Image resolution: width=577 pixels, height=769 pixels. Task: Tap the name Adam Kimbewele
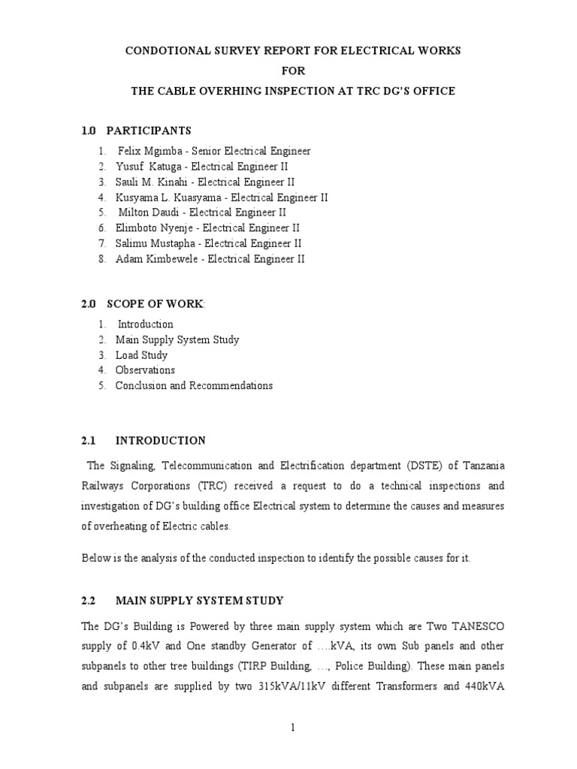pyautogui.click(x=156, y=259)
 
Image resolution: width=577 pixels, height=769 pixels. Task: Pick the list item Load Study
pyautogui.click(x=141, y=355)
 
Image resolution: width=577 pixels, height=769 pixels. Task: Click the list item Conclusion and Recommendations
pyautogui.click(x=194, y=386)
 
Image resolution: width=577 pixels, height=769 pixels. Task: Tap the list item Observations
pyautogui.click(x=145, y=370)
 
